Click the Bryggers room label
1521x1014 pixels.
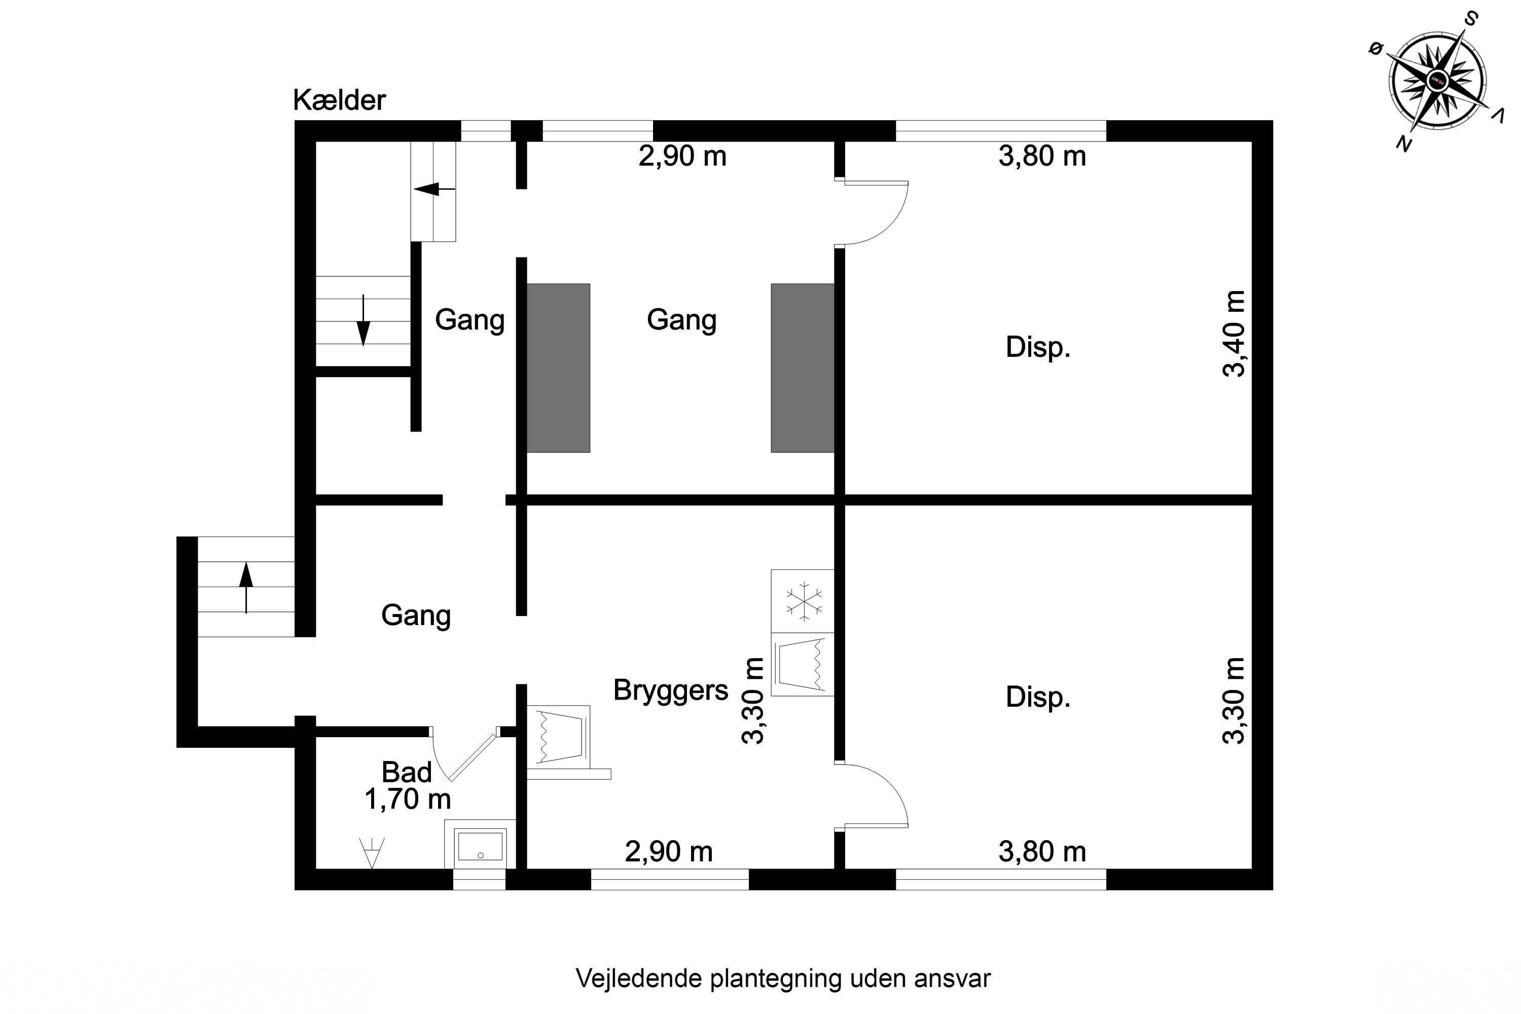(671, 690)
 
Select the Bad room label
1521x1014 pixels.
(406, 772)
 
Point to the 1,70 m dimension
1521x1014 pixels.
(408, 800)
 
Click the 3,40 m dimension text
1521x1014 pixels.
(1233, 334)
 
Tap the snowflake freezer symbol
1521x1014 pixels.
(803, 601)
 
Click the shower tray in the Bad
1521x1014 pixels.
(480, 847)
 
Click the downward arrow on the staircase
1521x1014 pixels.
(364, 321)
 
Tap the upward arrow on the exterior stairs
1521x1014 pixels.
(246, 587)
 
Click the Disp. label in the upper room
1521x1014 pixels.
(1038, 347)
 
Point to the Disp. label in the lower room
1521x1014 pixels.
(1038, 697)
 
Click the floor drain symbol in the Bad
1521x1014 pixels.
(372, 852)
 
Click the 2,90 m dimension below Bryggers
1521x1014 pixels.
(669, 852)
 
